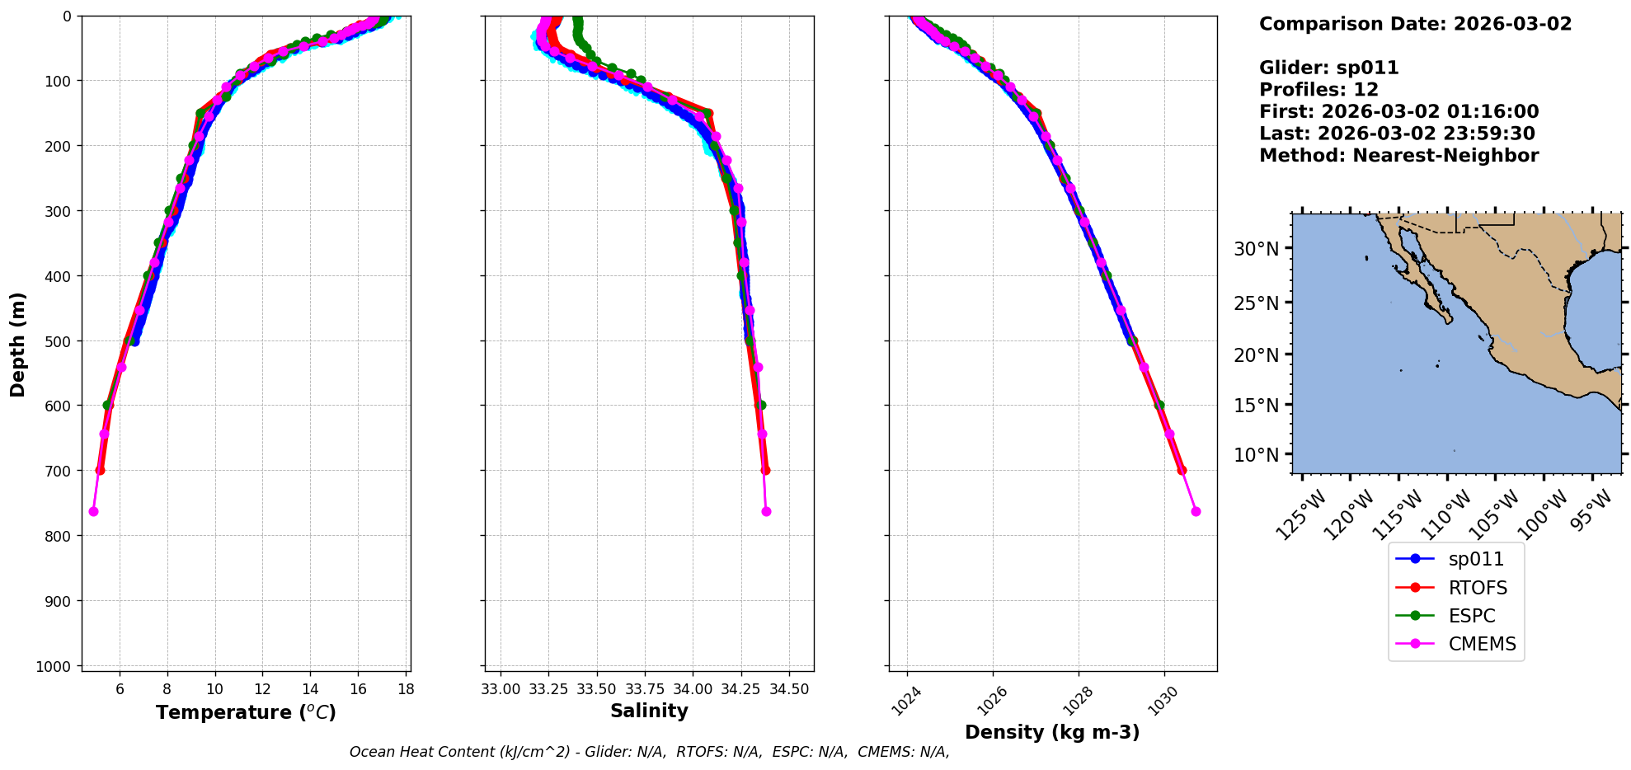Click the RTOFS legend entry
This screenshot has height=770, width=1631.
point(1477,588)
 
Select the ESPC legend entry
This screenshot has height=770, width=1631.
point(1471,616)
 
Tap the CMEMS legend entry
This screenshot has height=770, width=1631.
point(1482,644)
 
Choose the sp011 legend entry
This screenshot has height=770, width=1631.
point(1476,559)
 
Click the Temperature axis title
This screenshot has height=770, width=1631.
point(246,712)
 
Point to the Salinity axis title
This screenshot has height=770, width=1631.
point(649,711)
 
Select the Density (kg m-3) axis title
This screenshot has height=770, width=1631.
point(1052,732)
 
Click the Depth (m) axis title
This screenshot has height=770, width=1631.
point(18,344)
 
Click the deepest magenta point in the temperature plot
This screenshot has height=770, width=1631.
point(93,512)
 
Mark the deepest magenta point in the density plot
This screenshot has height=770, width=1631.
point(1196,512)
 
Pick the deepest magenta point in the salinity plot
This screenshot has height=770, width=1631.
point(766,512)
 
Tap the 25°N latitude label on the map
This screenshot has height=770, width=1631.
point(1257,303)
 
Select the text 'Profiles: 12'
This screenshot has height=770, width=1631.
point(1318,90)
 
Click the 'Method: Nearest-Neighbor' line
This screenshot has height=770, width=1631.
point(1398,156)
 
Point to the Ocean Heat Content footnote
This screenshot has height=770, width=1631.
point(649,752)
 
